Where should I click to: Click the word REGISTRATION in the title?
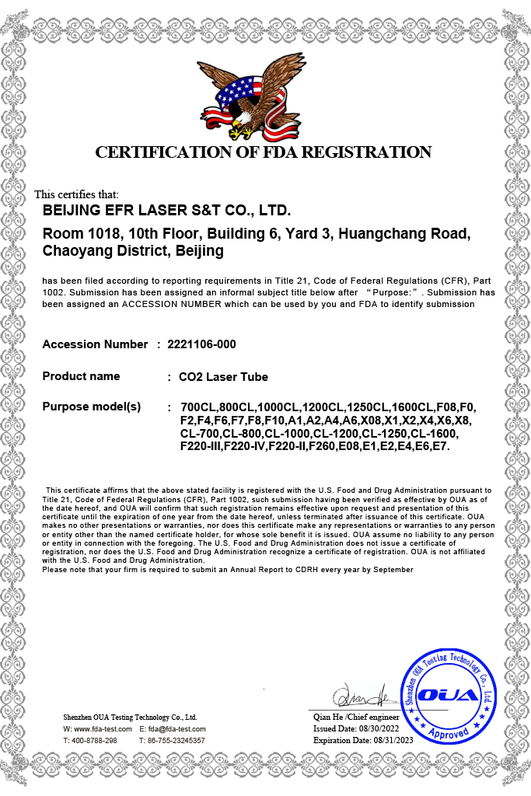(x=366, y=152)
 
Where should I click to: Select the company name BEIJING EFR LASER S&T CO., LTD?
(x=166, y=211)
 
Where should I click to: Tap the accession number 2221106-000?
(x=201, y=344)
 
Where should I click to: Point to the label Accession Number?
(x=95, y=344)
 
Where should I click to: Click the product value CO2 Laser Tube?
(x=223, y=377)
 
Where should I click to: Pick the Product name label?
(x=81, y=376)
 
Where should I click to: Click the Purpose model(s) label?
(x=92, y=407)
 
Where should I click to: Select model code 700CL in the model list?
(x=197, y=408)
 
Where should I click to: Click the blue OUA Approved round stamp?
(x=447, y=695)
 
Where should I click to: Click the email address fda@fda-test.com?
(x=179, y=729)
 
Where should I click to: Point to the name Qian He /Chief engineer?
(x=356, y=717)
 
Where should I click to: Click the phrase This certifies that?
(x=76, y=194)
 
